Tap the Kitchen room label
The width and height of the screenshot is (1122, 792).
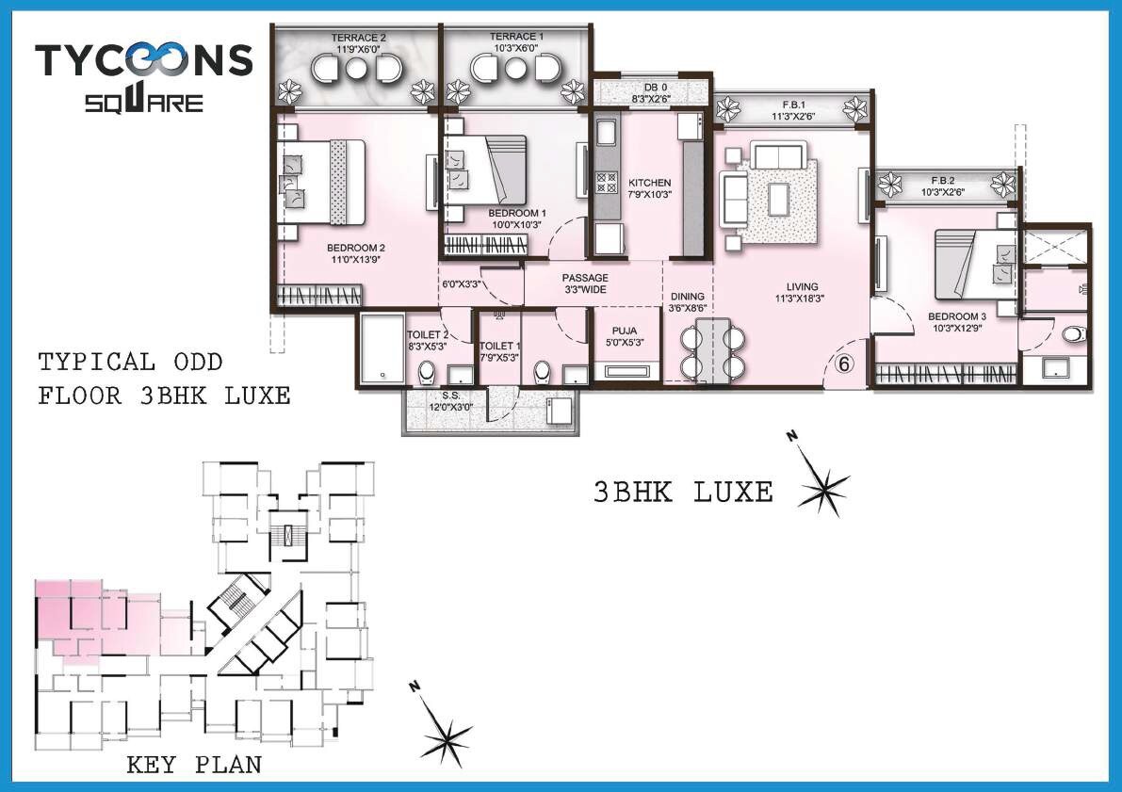[649, 188]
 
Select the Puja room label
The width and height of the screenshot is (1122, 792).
[623, 336]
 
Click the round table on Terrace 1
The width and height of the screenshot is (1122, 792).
[514, 69]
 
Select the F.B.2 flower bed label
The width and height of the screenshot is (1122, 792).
[945, 185]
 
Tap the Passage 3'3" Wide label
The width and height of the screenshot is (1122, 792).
[584, 283]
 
